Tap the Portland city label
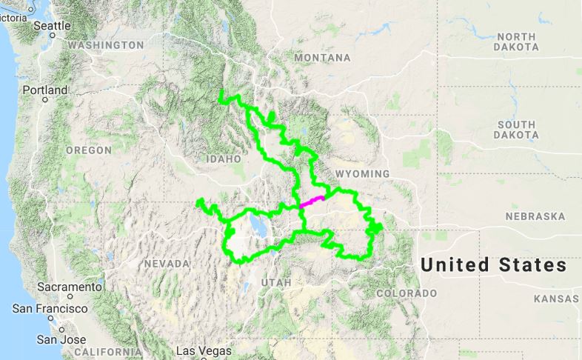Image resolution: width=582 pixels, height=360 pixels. (x=44, y=90)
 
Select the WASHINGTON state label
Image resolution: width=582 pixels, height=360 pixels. (x=105, y=45)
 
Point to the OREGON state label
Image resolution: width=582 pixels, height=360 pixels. (x=88, y=150)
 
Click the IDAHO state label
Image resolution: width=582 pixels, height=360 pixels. (x=224, y=159)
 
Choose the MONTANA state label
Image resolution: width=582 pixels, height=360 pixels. (x=322, y=58)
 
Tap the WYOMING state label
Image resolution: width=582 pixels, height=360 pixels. (x=362, y=173)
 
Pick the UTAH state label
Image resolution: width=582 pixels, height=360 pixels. (x=276, y=282)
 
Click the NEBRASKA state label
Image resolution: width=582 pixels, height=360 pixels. (x=535, y=217)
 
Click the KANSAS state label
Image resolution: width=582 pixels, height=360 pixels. (x=557, y=299)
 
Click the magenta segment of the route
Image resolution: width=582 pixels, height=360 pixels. (x=312, y=201)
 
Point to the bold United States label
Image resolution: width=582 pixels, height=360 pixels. (x=494, y=265)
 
